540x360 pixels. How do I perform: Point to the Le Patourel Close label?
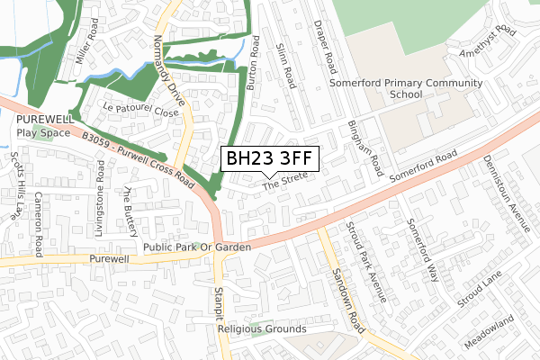tap(141, 108)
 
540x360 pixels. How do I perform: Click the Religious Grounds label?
tap(262, 329)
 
